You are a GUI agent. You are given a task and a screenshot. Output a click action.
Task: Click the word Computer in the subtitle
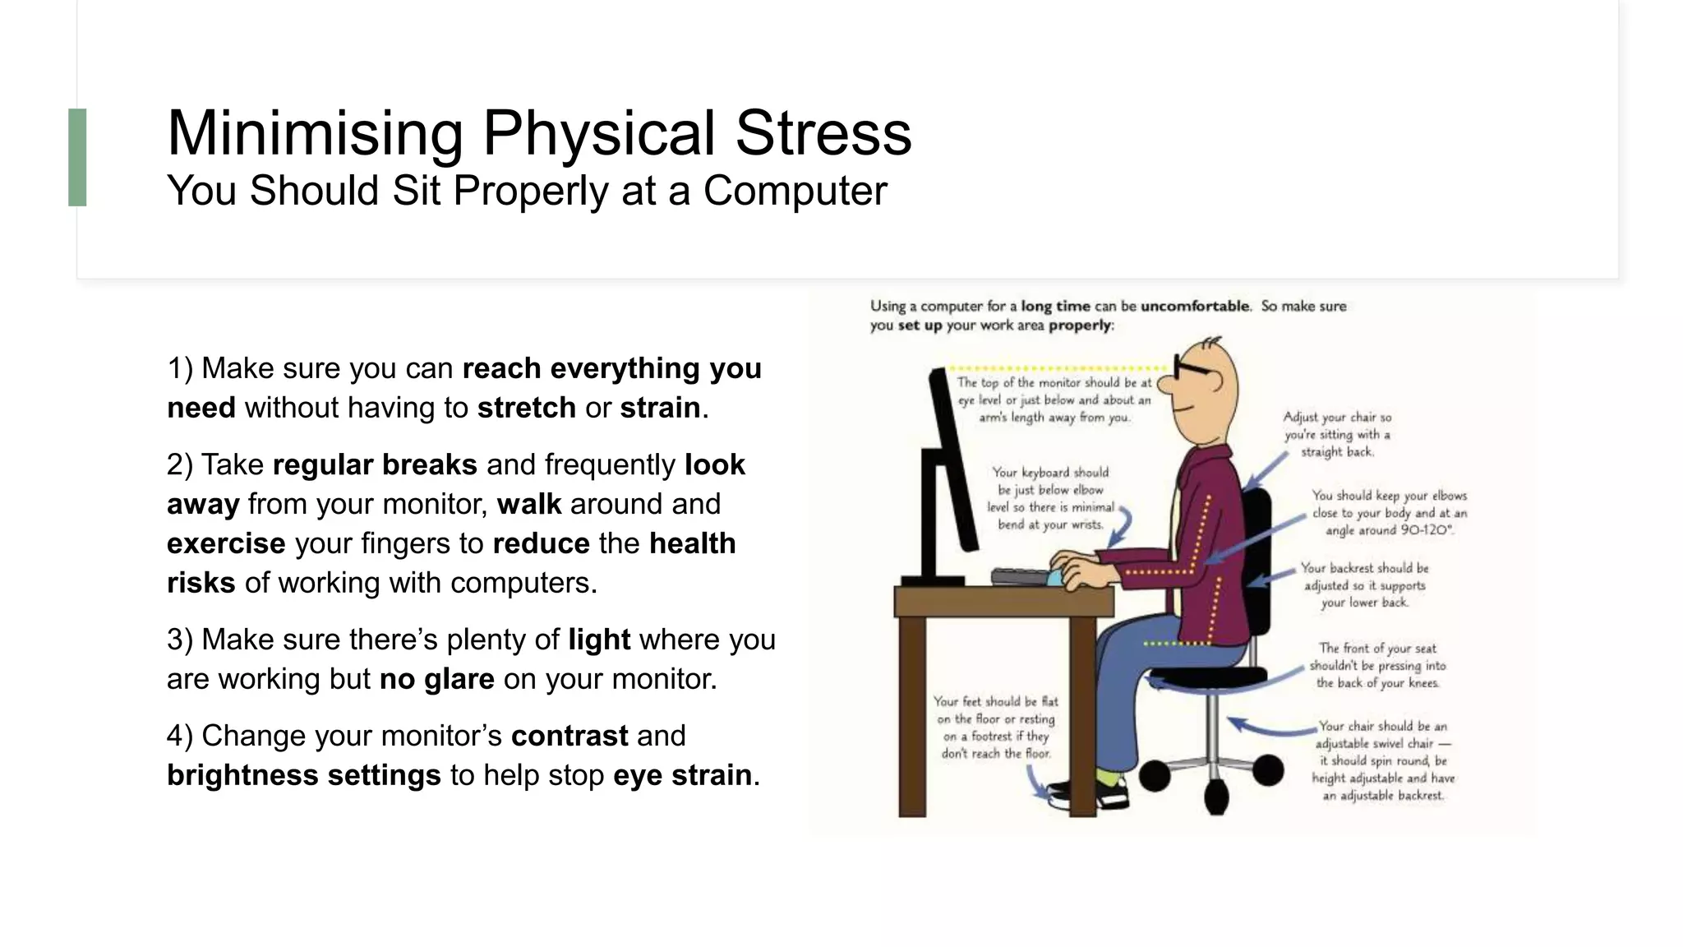point(795,191)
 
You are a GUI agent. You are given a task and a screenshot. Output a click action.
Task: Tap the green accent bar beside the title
point(77,157)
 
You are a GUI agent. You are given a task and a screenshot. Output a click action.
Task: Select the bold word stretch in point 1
point(526,408)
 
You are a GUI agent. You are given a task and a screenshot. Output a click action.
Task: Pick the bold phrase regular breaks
point(375,465)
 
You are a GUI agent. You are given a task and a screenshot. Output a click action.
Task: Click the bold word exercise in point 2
point(226,544)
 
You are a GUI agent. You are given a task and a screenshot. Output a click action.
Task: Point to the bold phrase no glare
point(436,680)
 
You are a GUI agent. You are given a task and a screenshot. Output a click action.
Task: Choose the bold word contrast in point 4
point(569,736)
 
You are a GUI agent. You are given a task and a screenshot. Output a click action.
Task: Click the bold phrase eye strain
point(682,775)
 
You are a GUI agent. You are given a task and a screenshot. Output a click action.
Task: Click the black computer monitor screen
point(953,460)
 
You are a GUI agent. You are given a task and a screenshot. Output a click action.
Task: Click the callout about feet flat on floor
point(995,727)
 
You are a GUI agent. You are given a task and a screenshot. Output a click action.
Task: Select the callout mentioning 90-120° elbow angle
point(1389,513)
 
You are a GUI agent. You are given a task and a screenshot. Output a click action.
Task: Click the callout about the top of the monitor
point(1054,400)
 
